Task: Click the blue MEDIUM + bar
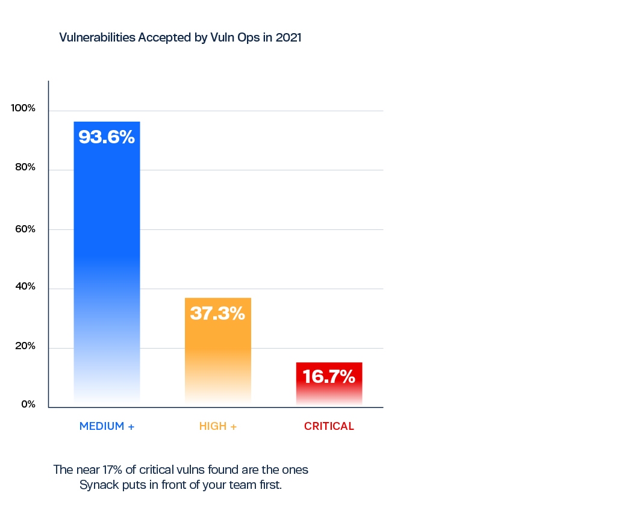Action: (107, 264)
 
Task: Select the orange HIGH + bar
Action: (217, 352)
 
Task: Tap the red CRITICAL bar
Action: (329, 385)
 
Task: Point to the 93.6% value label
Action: (107, 137)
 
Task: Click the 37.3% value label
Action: (217, 313)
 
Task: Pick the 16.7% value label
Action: (329, 376)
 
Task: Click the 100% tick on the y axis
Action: (23, 108)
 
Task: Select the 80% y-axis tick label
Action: (25, 167)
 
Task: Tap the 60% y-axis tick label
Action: (25, 229)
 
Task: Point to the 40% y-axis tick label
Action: (25, 287)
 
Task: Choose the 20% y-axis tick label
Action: (25, 346)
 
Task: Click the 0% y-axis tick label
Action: (28, 405)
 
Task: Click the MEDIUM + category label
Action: (107, 426)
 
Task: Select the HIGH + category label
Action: (217, 426)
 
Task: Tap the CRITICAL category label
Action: (329, 426)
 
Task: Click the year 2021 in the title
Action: (289, 37)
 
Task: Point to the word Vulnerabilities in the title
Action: (98, 37)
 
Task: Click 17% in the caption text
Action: (112, 470)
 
